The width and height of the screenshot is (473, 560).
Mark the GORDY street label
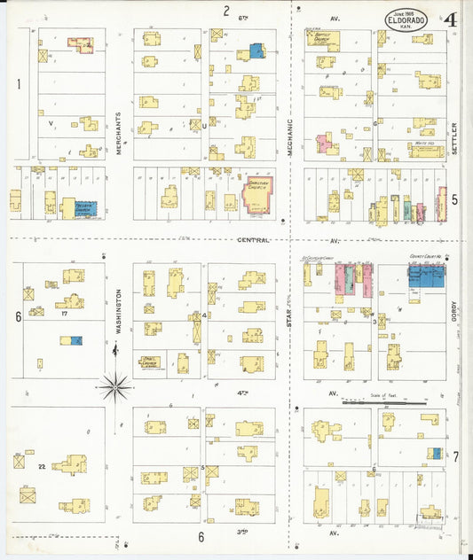point(453,312)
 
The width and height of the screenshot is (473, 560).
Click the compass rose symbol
point(114,385)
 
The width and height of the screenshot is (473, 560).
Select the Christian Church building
point(258,192)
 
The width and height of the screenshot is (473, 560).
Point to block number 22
point(41,465)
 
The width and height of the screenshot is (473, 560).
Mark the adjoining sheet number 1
point(18,84)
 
